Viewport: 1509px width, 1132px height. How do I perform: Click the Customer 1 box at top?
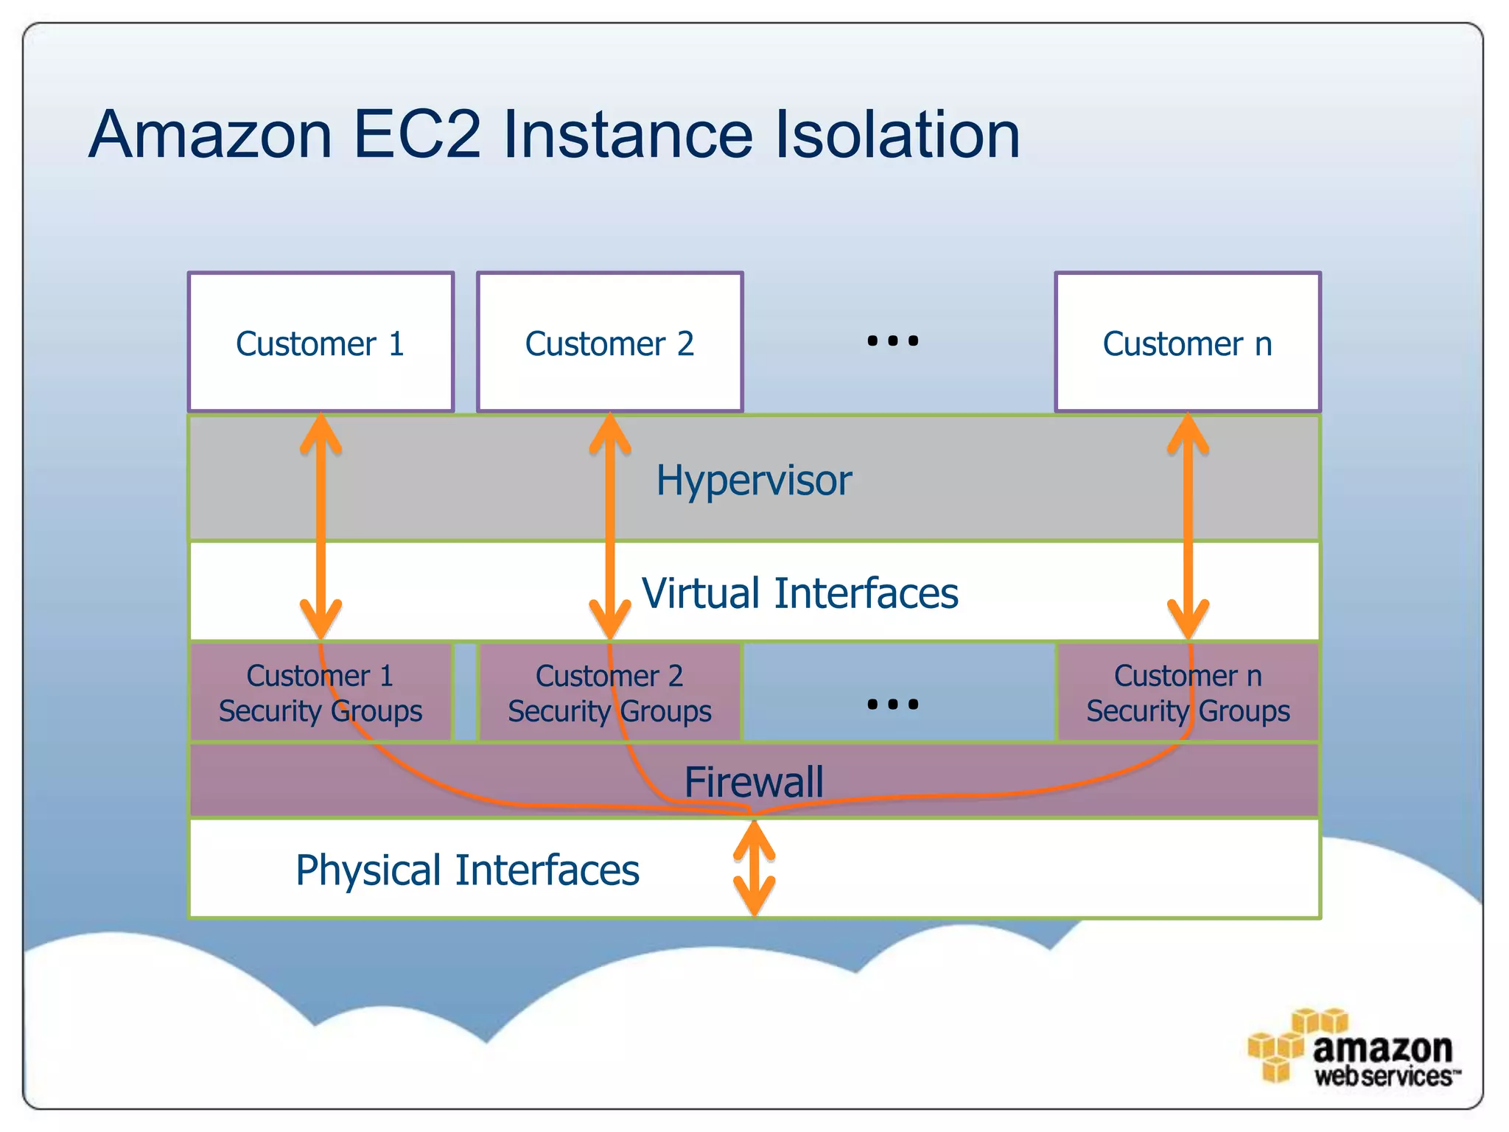(x=321, y=343)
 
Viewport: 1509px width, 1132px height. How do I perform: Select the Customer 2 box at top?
(x=609, y=343)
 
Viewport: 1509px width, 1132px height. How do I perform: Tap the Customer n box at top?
(x=1187, y=343)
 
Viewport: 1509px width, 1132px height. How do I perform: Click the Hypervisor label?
(x=754, y=481)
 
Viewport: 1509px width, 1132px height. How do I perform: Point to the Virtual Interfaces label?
(x=799, y=593)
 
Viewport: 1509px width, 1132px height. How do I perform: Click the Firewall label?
(x=754, y=781)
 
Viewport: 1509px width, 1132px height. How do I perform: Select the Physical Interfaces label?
(x=467, y=870)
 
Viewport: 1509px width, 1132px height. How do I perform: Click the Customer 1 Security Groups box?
(x=321, y=693)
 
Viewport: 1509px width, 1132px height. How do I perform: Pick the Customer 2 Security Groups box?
(x=609, y=693)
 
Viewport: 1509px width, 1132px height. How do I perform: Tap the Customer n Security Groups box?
(x=1188, y=693)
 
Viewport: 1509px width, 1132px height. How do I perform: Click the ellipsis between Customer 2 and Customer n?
(x=892, y=340)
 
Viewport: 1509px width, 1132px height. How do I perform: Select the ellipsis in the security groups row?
(x=892, y=704)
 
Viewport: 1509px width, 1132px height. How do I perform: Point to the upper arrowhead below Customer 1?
(x=321, y=435)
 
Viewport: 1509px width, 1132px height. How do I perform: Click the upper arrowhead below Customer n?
(x=1188, y=435)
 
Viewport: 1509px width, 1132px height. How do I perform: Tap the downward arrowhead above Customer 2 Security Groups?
(x=609, y=619)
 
